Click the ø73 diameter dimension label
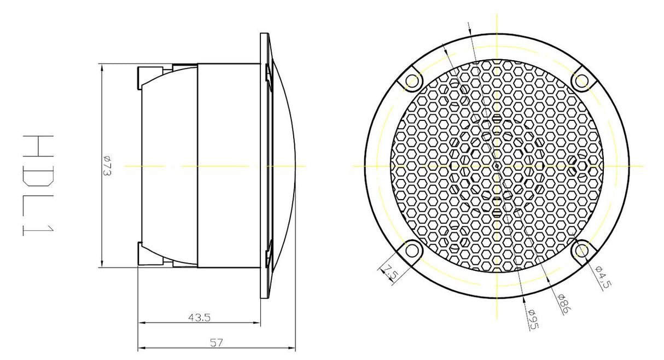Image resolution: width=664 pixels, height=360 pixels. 107,166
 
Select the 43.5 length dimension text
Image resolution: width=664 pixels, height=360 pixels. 199,318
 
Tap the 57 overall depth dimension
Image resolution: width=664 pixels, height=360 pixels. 217,343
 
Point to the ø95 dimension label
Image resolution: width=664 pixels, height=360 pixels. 533,320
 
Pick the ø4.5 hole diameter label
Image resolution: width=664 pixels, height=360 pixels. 603,277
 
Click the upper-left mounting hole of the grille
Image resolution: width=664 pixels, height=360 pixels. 411,80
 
